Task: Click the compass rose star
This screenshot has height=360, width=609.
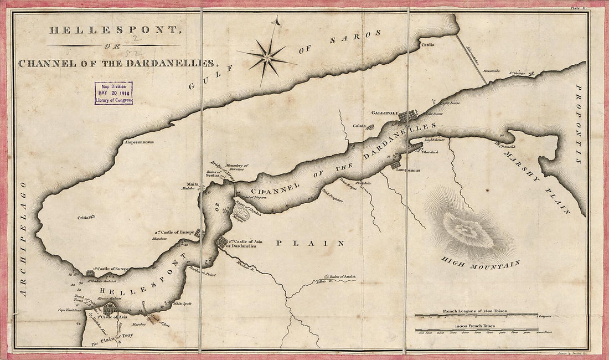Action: pos(268,56)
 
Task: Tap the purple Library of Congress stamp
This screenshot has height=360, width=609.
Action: pos(113,93)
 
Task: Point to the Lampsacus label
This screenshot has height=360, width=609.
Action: pos(409,171)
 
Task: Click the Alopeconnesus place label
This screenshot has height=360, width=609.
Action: pos(138,142)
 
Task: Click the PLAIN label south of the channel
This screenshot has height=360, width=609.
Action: pos(310,243)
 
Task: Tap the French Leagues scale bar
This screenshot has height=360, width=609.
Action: pos(477,315)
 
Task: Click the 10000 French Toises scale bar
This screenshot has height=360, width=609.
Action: pos(477,330)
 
